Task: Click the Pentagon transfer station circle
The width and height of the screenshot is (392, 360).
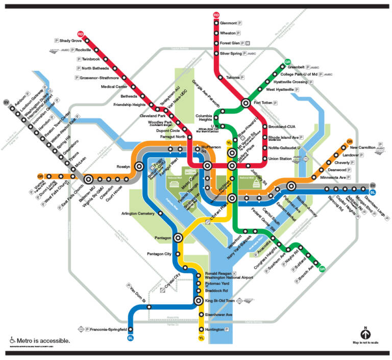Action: [179, 238]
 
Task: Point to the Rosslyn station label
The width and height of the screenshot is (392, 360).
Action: [124, 167]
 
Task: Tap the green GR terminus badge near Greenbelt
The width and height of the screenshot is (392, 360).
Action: [287, 62]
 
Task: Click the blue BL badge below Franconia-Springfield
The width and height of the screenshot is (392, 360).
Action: [131, 338]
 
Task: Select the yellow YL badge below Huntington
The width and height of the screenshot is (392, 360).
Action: [202, 338]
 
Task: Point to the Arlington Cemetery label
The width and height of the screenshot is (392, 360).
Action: [138, 213]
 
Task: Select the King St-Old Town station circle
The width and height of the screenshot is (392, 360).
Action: [200, 301]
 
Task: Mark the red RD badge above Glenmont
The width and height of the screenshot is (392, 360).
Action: [216, 15]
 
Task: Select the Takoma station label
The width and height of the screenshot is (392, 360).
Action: [233, 77]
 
